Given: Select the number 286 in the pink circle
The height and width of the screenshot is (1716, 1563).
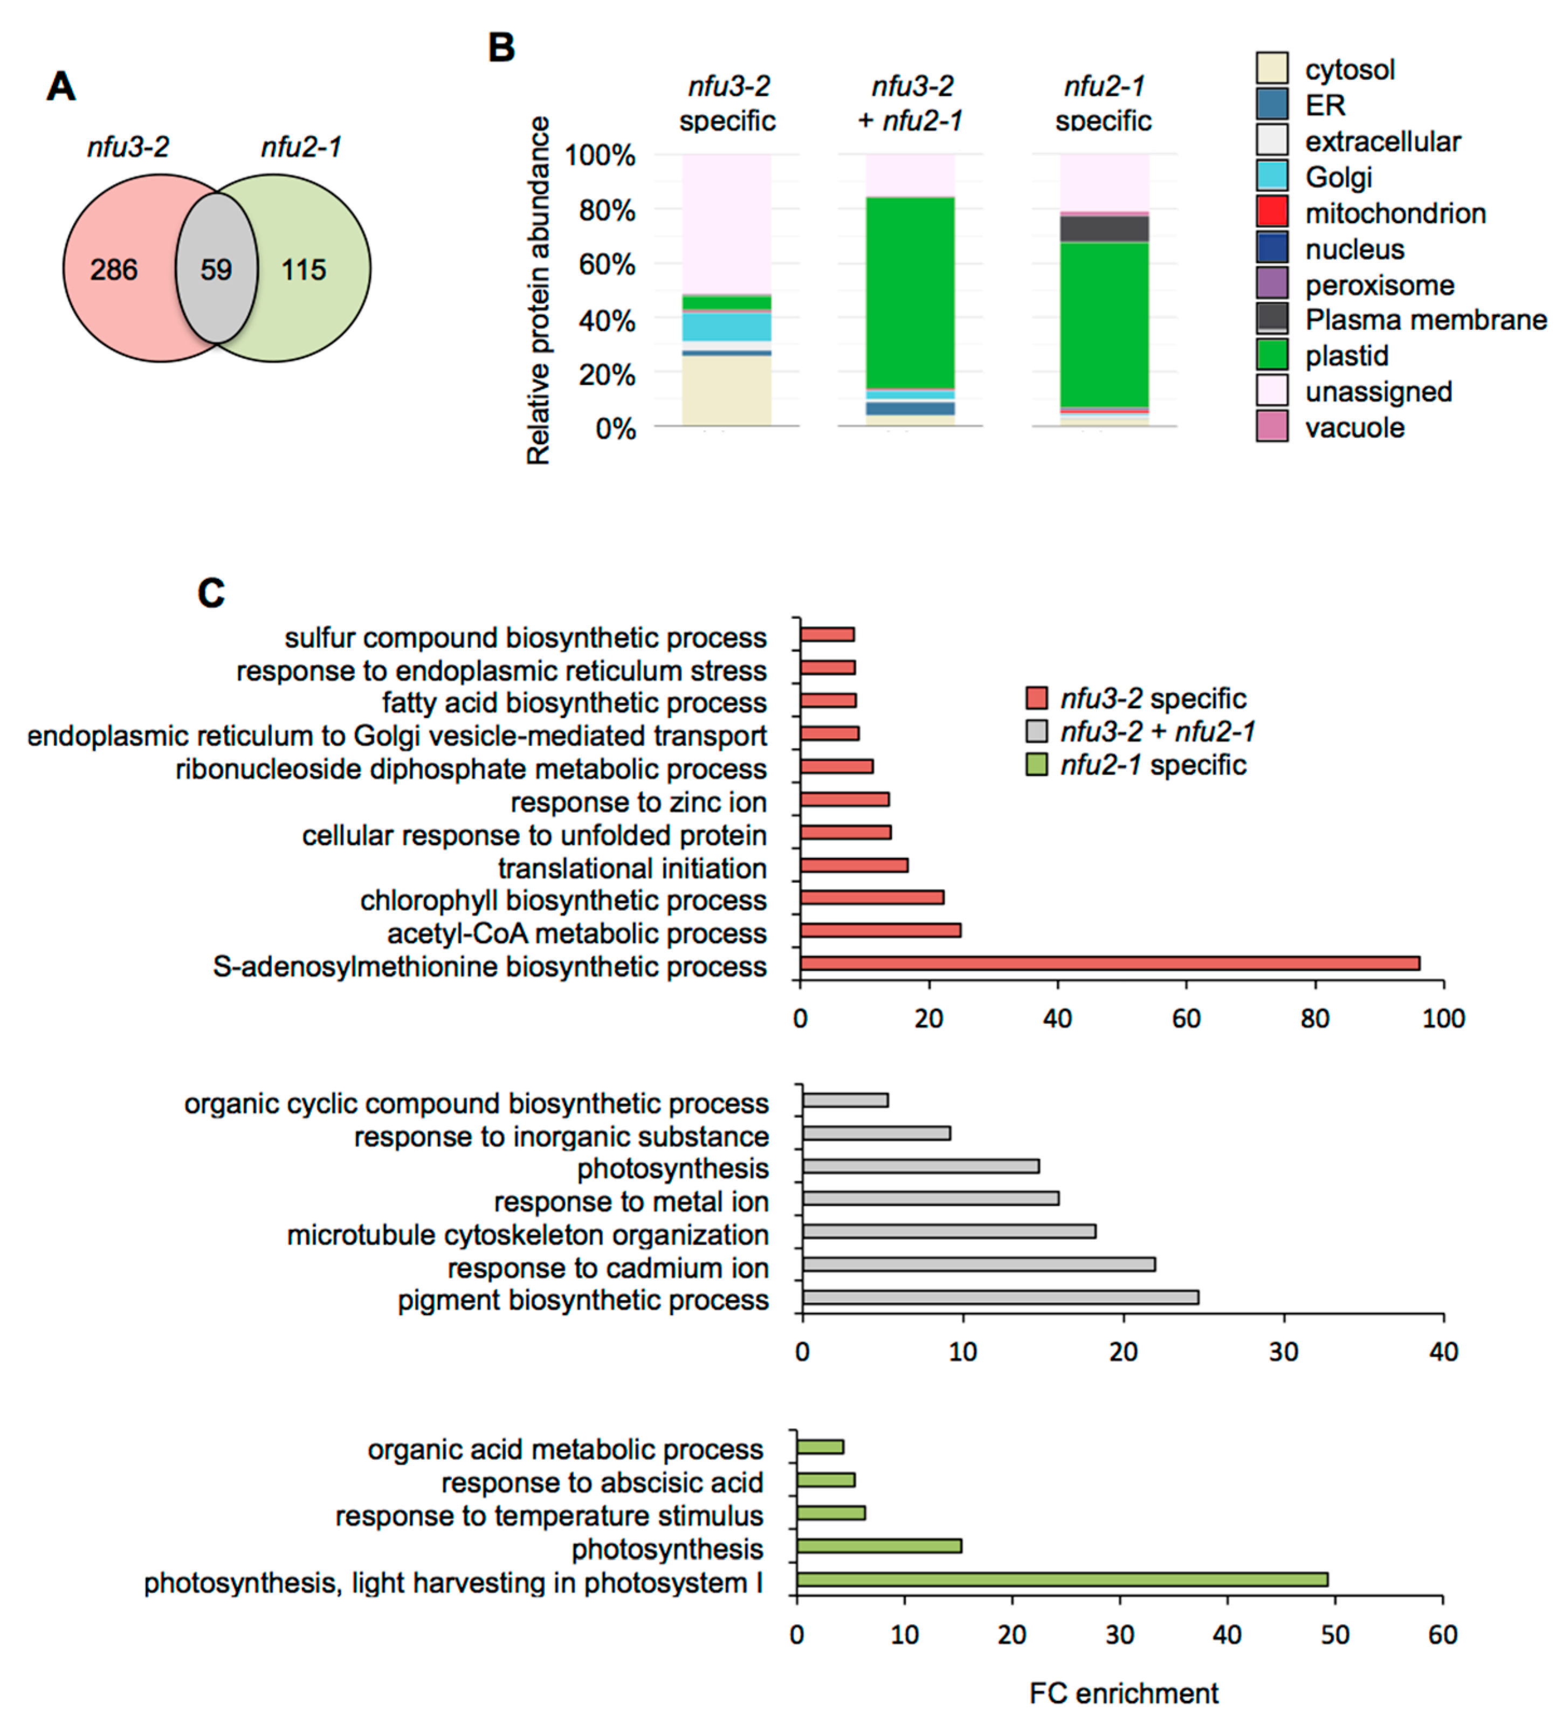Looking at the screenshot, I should (114, 270).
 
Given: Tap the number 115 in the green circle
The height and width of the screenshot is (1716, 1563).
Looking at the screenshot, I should (304, 270).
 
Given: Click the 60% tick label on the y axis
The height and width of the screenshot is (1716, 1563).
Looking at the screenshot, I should (606, 265).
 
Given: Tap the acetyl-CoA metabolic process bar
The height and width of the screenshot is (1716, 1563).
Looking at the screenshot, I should (880, 930).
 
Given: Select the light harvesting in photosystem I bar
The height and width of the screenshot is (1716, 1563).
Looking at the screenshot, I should (1062, 1580).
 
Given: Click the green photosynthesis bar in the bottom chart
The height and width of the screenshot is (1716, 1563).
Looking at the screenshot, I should (879, 1546).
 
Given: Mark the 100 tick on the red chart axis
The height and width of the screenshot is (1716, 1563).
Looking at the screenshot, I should (1443, 1019).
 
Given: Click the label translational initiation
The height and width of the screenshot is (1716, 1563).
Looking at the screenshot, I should (632, 868).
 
